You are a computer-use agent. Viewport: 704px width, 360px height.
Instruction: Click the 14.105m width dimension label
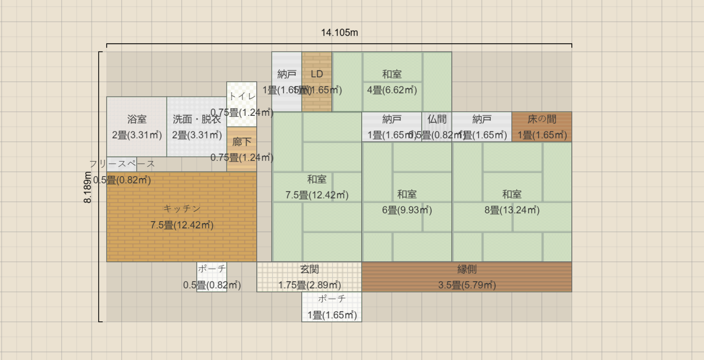[x=339, y=33]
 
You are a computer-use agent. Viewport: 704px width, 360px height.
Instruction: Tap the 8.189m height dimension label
[x=88, y=187]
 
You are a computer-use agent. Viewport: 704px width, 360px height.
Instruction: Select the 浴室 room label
[x=137, y=120]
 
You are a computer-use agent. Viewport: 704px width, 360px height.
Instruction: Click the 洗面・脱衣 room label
[x=197, y=120]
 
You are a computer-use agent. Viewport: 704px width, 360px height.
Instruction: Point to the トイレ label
[x=242, y=97]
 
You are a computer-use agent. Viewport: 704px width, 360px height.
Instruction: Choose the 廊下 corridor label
[x=242, y=142]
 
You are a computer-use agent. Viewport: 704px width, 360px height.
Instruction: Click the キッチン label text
[x=182, y=209]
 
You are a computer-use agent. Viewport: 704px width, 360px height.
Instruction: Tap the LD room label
[x=317, y=74]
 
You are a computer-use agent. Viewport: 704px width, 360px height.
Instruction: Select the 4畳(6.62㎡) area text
[x=392, y=90]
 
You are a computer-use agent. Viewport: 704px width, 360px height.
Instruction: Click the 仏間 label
[x=437, y=120]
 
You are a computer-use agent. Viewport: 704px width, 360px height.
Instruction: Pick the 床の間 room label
[x=542, y=120]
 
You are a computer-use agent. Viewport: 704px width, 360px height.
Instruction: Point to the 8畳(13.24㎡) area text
[x=512, y=210]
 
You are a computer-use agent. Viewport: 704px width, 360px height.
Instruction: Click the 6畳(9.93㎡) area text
[x=407, y=210]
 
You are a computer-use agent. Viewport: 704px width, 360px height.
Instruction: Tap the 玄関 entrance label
[x=309, y=269]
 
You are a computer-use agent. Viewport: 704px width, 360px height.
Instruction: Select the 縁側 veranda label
[x=467, y=269]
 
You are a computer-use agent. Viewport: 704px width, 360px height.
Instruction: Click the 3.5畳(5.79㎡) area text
[x=467, y=285]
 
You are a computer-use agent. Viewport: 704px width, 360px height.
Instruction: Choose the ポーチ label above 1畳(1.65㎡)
[x=331, y=299]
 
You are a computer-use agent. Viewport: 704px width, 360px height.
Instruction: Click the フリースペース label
[x=122, y=164]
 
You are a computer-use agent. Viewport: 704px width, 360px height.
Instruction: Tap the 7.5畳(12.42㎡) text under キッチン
[x=182, y=225]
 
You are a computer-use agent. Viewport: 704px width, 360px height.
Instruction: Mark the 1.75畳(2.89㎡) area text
[x=309, y=285]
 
